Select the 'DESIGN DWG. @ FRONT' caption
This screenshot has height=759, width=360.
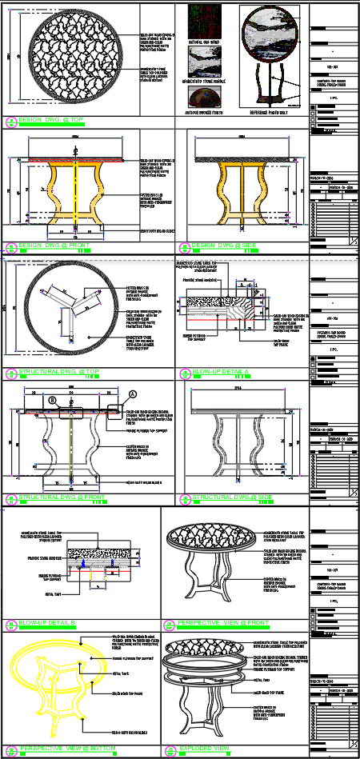[57, 246]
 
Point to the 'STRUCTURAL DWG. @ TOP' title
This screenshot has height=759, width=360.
[60, 372]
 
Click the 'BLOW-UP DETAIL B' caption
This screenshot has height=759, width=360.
[47, 622]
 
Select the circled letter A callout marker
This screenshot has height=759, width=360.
[133, 394]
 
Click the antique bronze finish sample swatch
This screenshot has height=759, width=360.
[204, 98]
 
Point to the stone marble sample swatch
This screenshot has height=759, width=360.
[204, 62]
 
